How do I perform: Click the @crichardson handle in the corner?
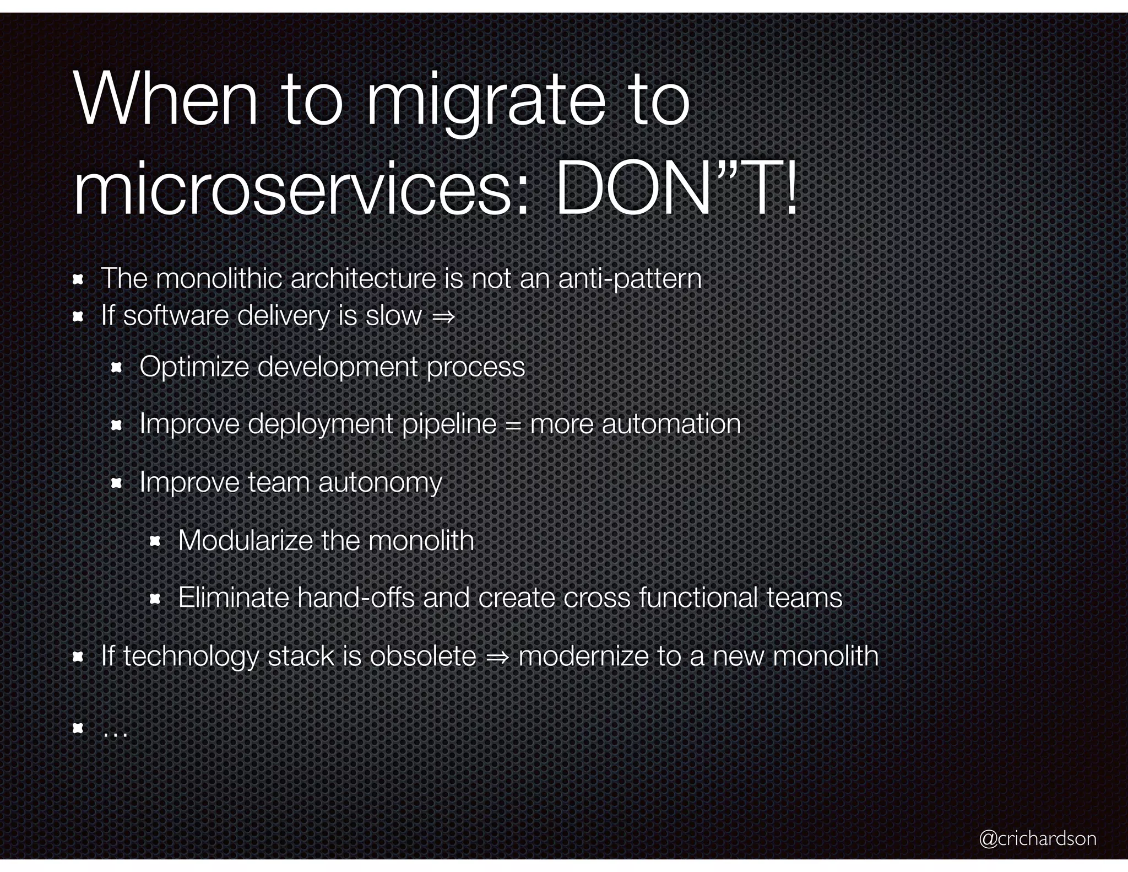pyautogui.click(x=1038, y=838)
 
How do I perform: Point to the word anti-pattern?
pyautogui.click(x=630, y=278)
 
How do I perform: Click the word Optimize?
pyautogui.click(x=194, y=367)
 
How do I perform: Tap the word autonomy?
pyautogui.click(x=380, y=483)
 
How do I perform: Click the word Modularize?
pyautogui.click(x=245, y=540)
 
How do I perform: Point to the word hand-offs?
pyautogui.click(x=356, y=598)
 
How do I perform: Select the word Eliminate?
pyautogui.click(x=234, y=598)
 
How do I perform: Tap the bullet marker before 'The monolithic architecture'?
pyautogui.click(x=78, y=280)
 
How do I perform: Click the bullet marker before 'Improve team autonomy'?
pyautogui.click(x=116, y=484)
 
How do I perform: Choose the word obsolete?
pyautogui.click(x=422, y=656)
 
